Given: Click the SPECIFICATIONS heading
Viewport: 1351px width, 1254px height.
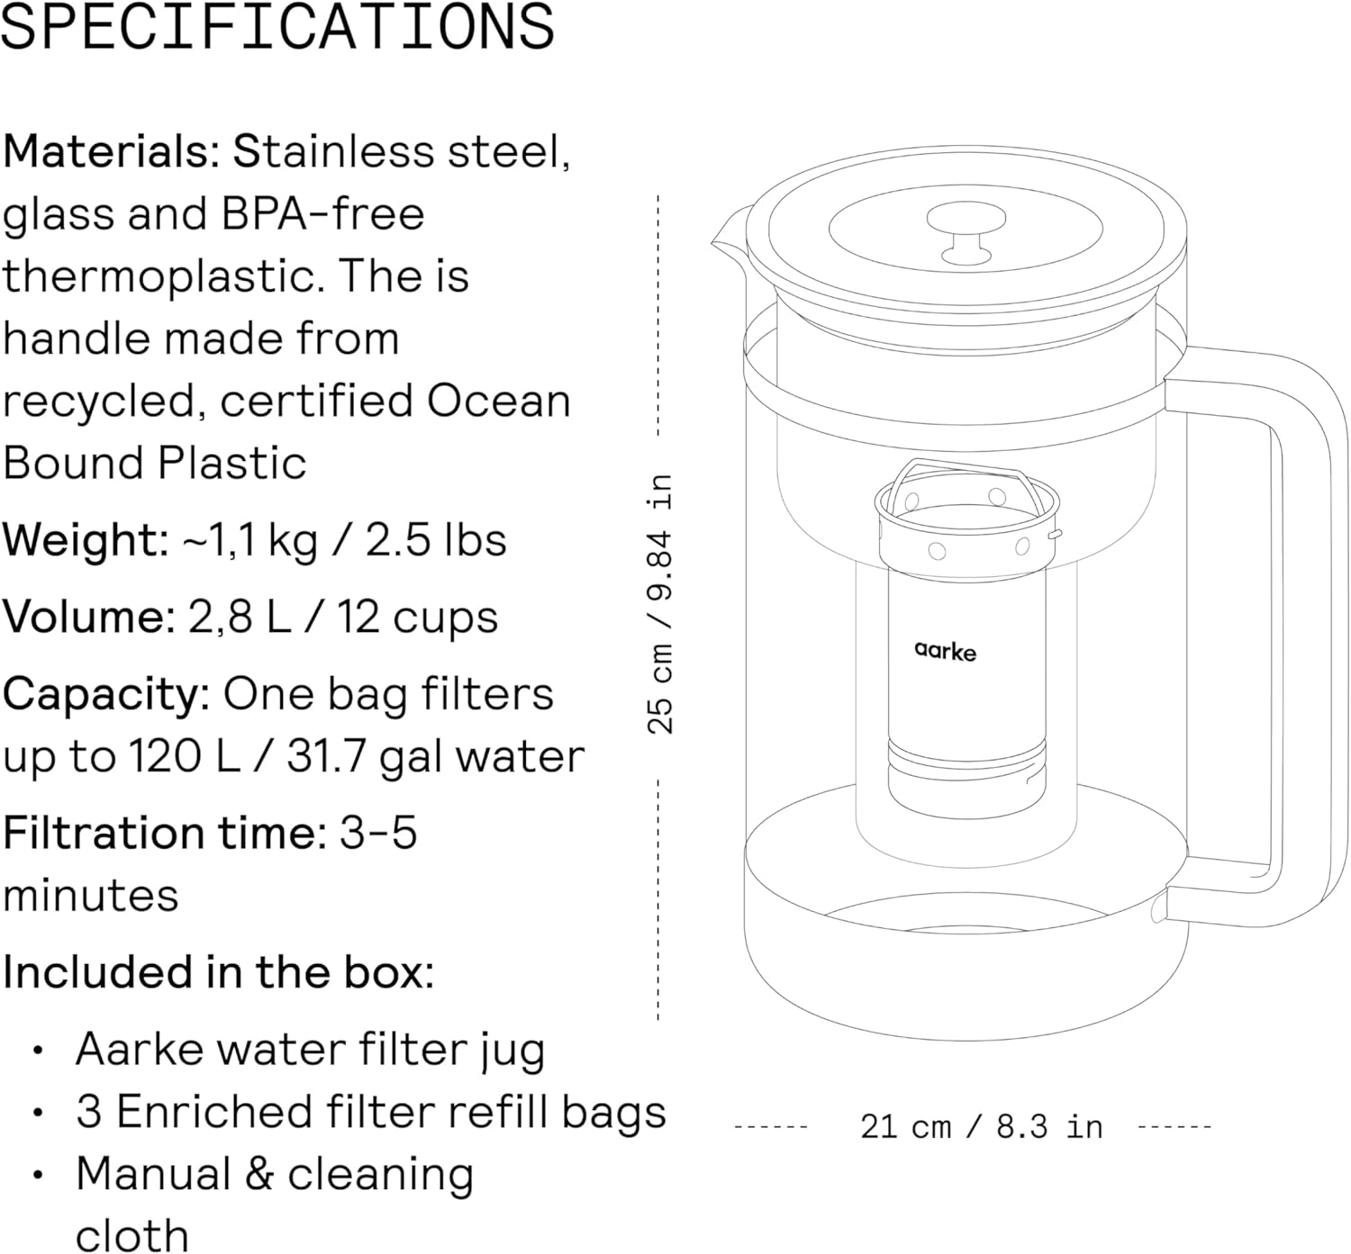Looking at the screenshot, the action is tap(277, 27).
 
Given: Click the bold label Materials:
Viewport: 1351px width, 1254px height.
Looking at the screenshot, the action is tap(110, 152).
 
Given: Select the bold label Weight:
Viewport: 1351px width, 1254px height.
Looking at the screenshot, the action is tap(85, 540).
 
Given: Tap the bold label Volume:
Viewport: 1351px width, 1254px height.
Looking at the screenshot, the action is tap(88, 618).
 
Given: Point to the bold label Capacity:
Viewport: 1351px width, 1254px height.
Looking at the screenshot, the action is tap(106, 695).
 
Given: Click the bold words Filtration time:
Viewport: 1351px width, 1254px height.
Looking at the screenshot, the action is tap(165, 833).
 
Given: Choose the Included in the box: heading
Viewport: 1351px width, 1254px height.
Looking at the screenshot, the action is tap(218, 972).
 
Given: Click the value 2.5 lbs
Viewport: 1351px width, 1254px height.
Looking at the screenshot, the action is tap(436, 540).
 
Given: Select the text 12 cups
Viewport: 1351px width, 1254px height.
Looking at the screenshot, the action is tap(417, 618).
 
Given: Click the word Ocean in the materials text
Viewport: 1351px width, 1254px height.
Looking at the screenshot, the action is tap(499, 401).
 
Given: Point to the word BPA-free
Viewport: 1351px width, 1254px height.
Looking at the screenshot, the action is tap(319, 215).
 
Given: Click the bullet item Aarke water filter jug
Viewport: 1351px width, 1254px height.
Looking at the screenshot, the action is tap(310, 1050).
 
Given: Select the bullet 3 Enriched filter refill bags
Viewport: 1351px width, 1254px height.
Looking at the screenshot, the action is tap(370, 1112).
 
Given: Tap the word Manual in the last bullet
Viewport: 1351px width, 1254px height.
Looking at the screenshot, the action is tap(152, 1175).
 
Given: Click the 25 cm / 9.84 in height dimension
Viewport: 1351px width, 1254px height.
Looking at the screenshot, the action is tap(660, 603).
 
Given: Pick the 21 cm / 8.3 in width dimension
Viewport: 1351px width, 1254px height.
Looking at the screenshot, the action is tap(981, 1126).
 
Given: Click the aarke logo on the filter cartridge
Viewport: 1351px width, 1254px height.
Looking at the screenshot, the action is tap(945, 650).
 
